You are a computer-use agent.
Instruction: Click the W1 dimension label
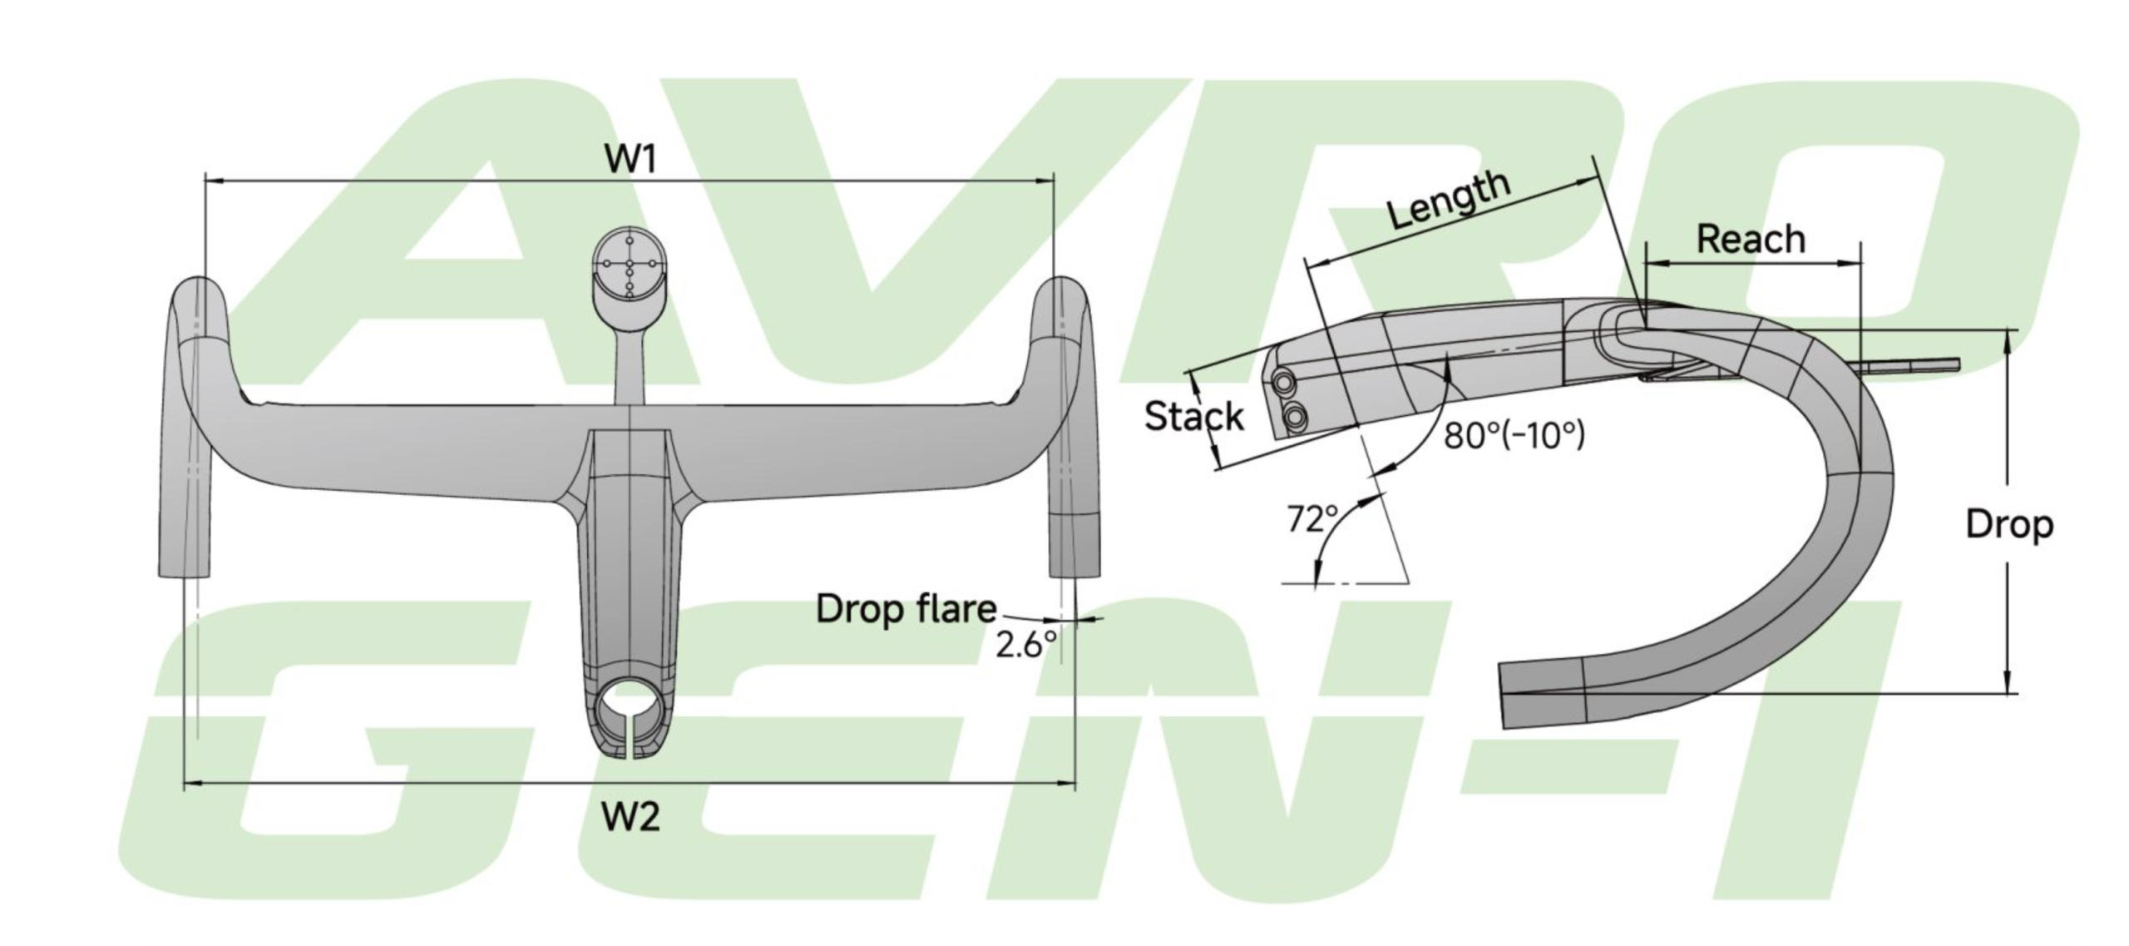(631, 158)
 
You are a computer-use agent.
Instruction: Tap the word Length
(1449, 200)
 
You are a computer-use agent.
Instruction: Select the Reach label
(1751, 240)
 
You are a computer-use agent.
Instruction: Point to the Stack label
(1194, 416)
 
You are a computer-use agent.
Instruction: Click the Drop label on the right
(2009, 525)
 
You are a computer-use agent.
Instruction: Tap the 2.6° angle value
(1026, 645)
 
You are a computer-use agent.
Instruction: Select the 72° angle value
(1312, 519)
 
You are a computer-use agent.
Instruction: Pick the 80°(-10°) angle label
(1514, 434)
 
